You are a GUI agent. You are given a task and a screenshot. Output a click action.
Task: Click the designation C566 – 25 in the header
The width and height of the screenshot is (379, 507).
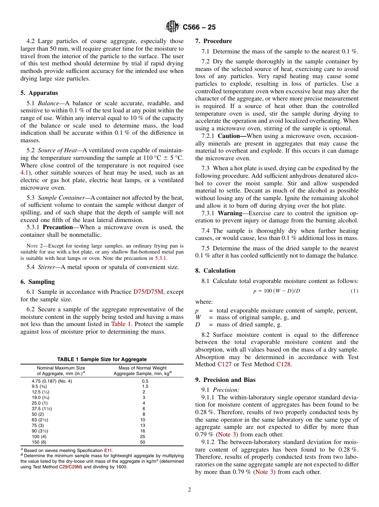point(199,27)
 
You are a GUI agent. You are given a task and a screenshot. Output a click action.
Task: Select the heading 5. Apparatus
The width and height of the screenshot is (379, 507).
point(39,93)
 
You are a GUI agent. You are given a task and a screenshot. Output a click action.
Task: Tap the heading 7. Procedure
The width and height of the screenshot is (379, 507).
point(213,41)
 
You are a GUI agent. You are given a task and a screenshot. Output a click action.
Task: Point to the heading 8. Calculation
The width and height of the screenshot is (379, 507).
point(215,271)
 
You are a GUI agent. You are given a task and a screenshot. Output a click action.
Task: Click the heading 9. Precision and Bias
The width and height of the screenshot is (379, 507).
point(225,380)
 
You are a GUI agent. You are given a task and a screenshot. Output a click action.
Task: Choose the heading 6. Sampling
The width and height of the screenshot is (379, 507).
point(38,282)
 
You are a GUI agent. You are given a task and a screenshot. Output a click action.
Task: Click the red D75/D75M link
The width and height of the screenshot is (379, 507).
point(148,292)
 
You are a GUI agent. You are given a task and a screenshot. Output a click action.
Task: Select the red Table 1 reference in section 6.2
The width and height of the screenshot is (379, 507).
point(121,324)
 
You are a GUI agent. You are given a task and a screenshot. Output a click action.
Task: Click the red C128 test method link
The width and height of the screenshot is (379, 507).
point(283,364)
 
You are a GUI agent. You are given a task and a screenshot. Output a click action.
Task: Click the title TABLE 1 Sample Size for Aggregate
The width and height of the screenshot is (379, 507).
point(102,359)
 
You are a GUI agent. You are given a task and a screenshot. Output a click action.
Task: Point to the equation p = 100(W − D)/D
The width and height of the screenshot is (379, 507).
point(276,291)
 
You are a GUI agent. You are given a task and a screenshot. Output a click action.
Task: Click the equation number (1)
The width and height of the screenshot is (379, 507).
point(354,291)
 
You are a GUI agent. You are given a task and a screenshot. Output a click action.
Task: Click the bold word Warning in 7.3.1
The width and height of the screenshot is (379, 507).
point(230,213)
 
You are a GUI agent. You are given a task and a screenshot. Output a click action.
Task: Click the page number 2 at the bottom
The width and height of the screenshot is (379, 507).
point(189,490)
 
